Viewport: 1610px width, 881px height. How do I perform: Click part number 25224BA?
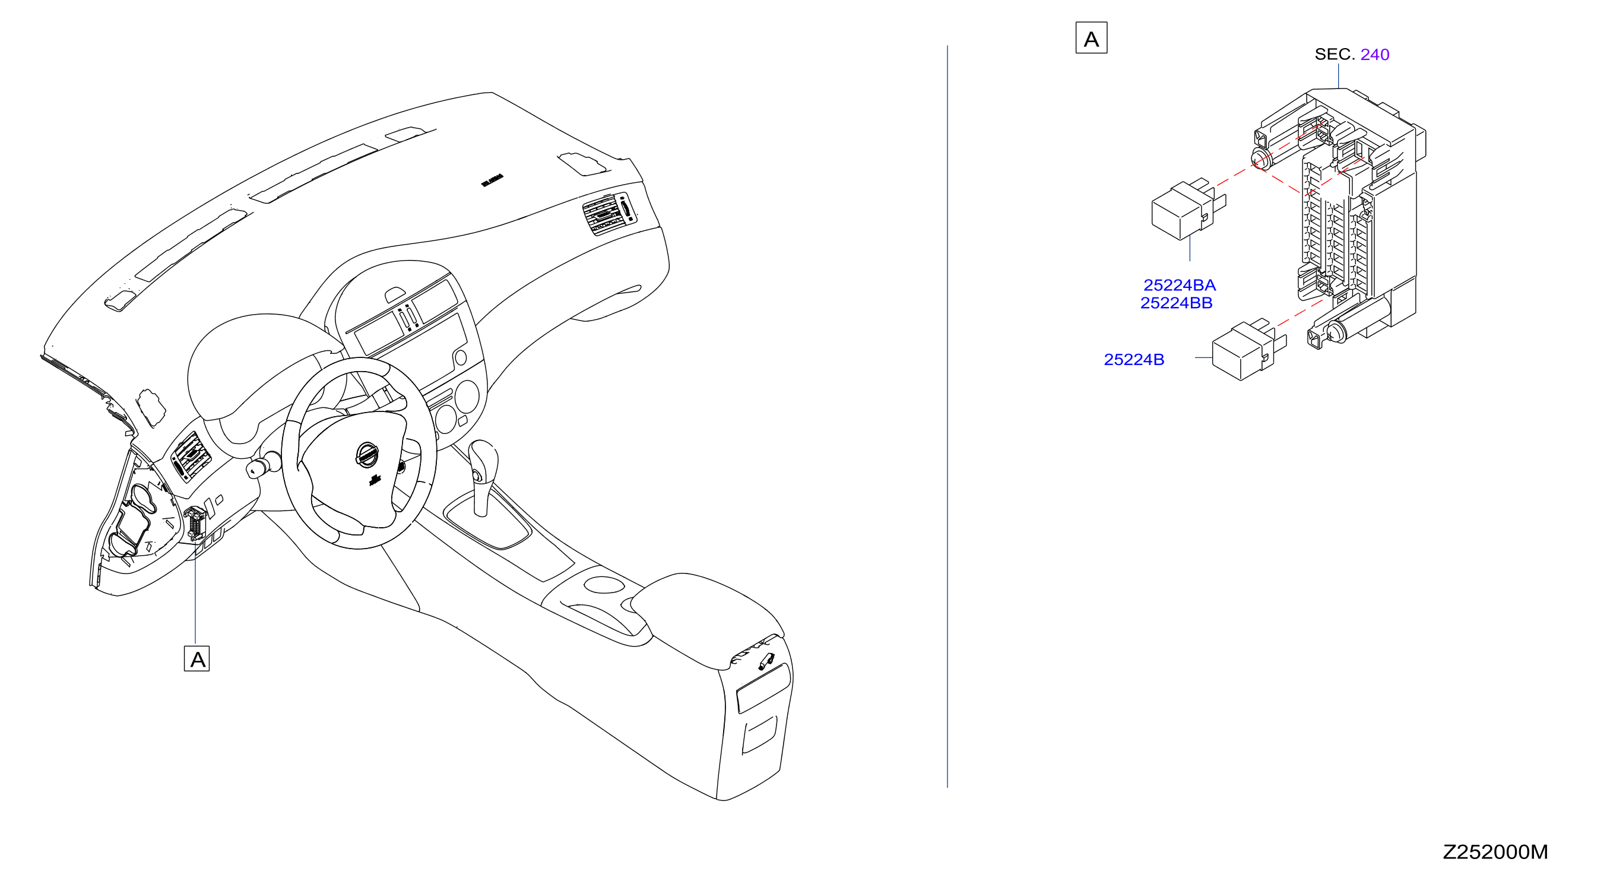(1180, 285)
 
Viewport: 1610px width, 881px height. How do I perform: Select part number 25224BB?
(1176, 303)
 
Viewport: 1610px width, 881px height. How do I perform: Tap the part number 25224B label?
(1134, 359)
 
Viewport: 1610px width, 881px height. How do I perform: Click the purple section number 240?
(1374, 55)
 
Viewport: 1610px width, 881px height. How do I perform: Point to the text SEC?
(1335, 55)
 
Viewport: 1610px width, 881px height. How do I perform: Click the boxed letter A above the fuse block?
(1091, 38)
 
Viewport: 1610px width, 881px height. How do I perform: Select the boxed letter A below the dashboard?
(197, 658)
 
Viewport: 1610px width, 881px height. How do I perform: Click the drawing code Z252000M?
(1495, 852)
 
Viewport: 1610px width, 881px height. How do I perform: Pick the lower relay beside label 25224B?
(1247, 350)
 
